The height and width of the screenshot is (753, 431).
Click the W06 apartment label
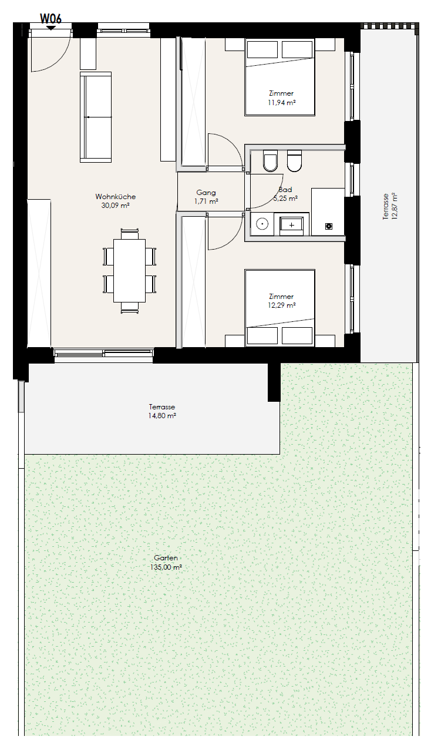coord(50,18)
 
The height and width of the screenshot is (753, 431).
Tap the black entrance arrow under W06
coord(50,28)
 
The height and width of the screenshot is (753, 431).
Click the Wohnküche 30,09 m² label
coord(115,201)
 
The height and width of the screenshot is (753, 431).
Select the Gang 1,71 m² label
coord(206,197)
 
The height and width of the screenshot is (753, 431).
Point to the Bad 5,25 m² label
coord(285,194)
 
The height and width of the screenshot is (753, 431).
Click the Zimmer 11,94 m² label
coord(281,98)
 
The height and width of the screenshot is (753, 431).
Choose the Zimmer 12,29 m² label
coord(281,301)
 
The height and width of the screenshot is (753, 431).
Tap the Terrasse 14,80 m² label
coord(162,411)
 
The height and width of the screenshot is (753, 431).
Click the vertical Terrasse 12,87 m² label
coord(390,206)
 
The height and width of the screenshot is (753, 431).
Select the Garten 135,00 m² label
coord(166,562)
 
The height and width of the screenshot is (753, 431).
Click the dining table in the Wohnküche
coord(129,271)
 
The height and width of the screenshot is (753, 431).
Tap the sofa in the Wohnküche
coord(96,117)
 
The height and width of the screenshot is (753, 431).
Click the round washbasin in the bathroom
coord(261,224)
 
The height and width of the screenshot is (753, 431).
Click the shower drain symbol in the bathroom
coord(328,226)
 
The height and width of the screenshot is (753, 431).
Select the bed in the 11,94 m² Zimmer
coord(280,77)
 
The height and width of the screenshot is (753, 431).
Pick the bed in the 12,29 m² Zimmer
coord(280,308)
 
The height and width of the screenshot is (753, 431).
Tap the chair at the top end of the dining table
coord(129,234)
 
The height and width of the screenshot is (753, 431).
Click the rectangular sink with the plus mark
coord(291,224)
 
